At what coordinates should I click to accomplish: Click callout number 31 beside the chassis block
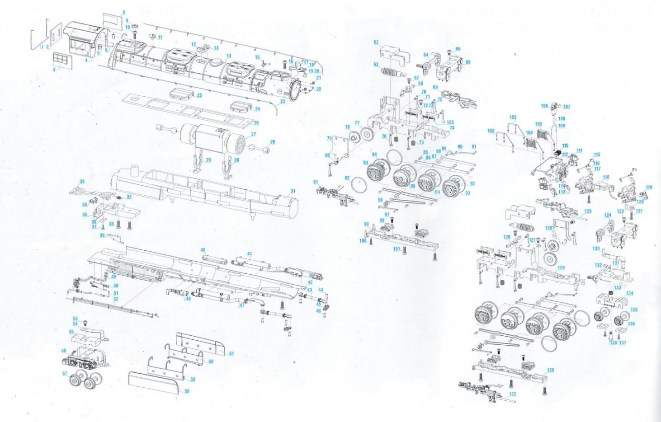point(293,191)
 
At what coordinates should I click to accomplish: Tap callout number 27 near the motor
point(254,134)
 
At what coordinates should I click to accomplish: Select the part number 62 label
point(376,42)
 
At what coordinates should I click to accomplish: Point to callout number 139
point(550,370)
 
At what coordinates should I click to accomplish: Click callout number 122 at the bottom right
point(512,394)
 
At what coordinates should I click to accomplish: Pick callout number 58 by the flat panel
point(187,391)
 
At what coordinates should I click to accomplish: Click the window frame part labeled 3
point(62,60)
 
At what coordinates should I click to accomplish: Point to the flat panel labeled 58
point(151,383)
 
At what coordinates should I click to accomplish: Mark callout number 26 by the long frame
point(256,122)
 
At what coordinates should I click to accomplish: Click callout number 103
point(513,117)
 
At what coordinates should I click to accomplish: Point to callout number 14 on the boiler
point(229,56)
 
